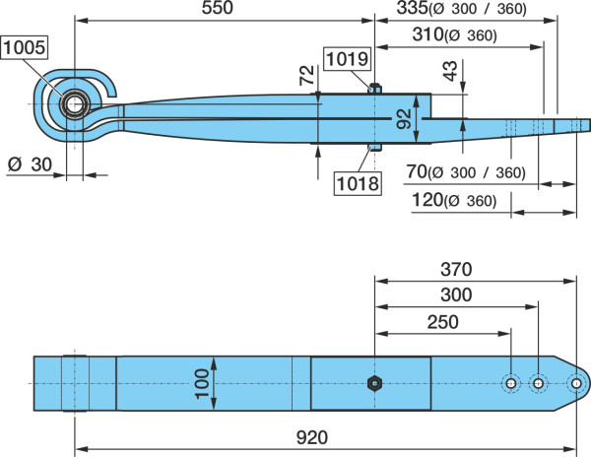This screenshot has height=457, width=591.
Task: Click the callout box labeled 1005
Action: pyautogui.click(x=25, y=47)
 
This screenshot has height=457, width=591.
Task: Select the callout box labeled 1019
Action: pyautogui.click(x=347, y=59)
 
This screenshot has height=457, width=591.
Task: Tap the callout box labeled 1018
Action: pyautogui.click(x=358, y=183)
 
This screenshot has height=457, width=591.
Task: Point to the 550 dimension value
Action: pyautogui.click(x=218, y=8)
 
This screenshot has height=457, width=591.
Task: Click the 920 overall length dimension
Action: pyautogui.click(x=312, y=437)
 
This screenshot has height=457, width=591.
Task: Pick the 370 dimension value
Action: pyautogui.click(x=456, y=270)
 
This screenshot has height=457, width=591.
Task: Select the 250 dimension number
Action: pyautogui.click(x=443, y=322)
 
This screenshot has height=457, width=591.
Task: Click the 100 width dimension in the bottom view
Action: pyautogui.click(x=202, y=383)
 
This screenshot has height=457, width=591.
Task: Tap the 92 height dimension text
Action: pyautogui.click(x=404, y=118)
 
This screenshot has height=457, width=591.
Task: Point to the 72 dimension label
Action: pyautogui.click(x=306, y=76)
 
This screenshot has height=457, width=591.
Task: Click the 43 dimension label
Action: pyautogui.click(x=450, y=71)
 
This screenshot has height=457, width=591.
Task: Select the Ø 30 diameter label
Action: pyautogui.click(x=30, y=164)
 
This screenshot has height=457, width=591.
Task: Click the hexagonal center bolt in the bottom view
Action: pyautogui.click(x=374, y=383)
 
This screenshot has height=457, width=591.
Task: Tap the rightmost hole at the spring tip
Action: pyautogui.click(x=576, y=383)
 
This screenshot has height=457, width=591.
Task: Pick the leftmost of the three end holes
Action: pyautogui.click(x=511, y=383)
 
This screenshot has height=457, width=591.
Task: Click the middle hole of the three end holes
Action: pyautogui.click(x=538, y=383)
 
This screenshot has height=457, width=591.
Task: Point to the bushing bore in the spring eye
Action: pyautogui.click(x=75, y=104)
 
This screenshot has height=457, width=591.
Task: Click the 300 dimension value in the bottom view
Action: pyautogui.click(x=456, y=295)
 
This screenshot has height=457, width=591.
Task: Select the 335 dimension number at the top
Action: pyautogui.click(x=413, y=8)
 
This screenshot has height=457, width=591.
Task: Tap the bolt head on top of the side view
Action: pyautogui.click(x=375, y=89)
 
